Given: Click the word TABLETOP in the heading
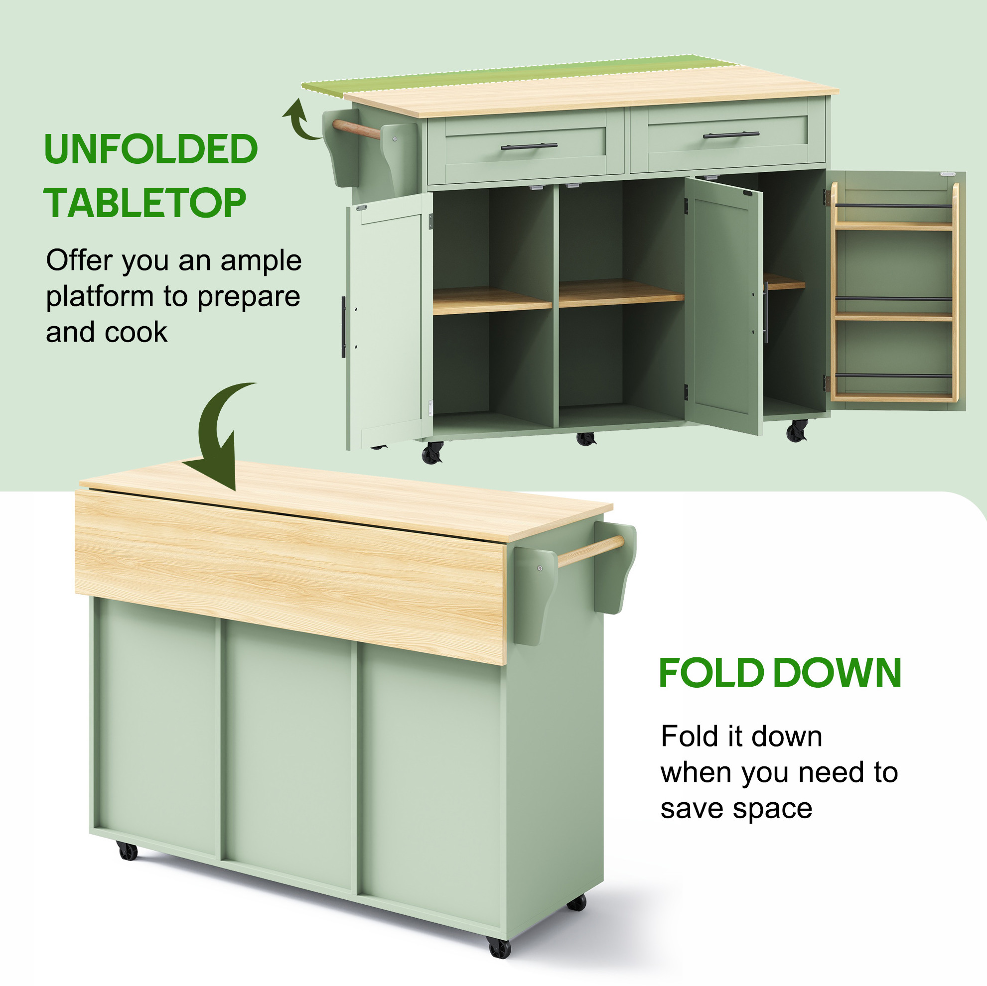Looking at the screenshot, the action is (145, 203).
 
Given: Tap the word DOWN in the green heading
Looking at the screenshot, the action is (838, 673).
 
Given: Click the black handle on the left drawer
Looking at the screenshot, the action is (529, 146).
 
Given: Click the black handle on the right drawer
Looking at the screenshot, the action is (731, 135).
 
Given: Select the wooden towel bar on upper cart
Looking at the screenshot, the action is (356, 129).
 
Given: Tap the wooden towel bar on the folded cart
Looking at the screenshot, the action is (590, 551).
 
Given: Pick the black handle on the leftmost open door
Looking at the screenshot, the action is (343, 327).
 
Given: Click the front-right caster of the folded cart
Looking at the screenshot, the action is (500, 948).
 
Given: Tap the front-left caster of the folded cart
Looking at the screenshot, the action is (127, 851).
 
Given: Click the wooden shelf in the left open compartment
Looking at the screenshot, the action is (492, 301).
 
